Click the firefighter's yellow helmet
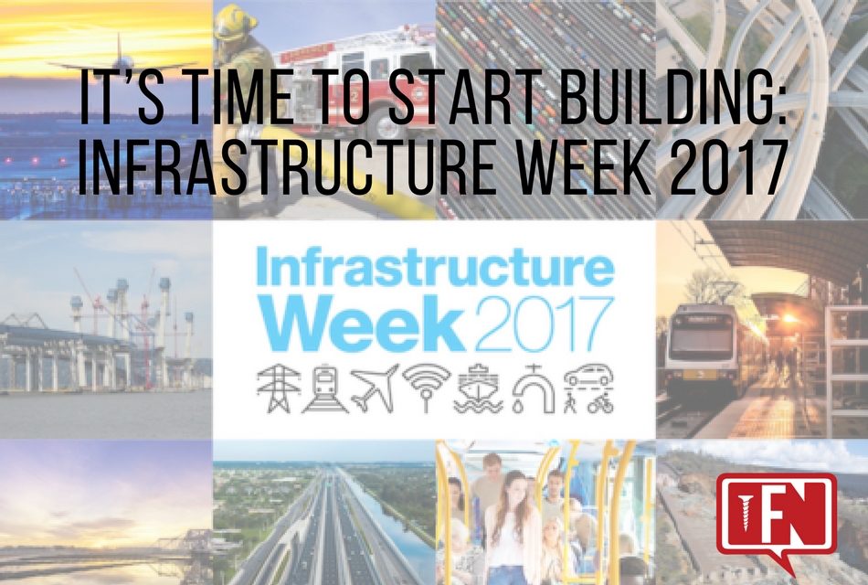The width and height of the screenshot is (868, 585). (237, 19)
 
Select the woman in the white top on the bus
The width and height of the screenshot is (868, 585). (515, 530)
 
